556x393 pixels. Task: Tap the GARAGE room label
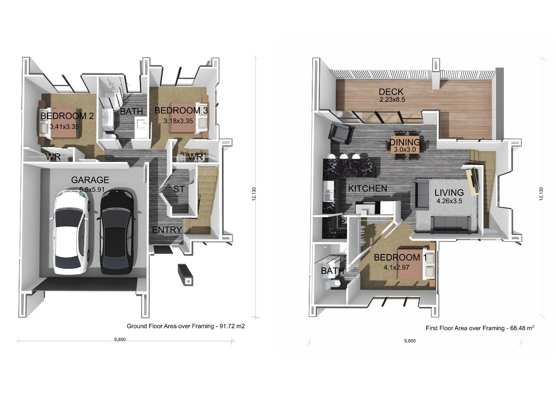[x=90, y=180]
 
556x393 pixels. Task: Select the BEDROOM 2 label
[x=67, y=116]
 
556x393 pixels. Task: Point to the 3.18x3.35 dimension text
[x=178, y=121]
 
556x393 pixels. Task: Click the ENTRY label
[x=167, y=230]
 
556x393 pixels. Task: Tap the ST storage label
[x=179, y=189]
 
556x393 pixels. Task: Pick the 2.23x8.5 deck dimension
[x=392, y=100]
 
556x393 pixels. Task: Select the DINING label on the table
[x=405, y=142]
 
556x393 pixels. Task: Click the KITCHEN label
[x=367, y=188]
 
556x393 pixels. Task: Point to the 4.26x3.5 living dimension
[x=449, y=201]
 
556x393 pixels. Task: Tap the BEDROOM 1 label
[x=400, y=258]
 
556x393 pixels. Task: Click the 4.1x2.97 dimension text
[x=397, y=268]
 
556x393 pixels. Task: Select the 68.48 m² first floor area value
[x=522, y=328]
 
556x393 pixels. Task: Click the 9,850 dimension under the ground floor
[x=120, y=340]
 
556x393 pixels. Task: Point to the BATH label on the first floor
[x=332, y=271]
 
